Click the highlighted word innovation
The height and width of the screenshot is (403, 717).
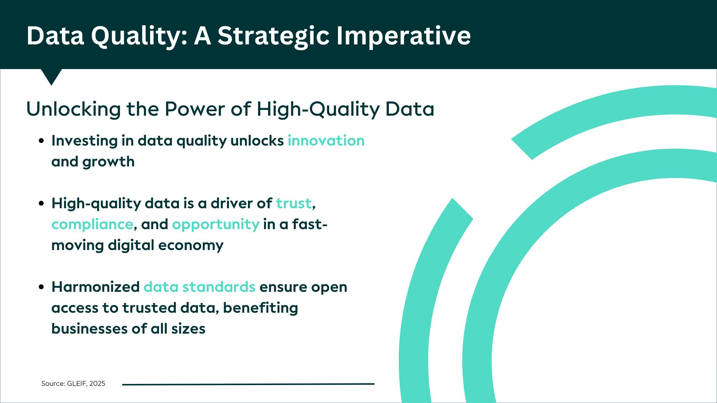pyautogui.click(x=326, y=141)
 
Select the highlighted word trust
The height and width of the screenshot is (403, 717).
pyautogui.click(x=294, y=203)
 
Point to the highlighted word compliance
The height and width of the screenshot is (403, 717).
pyautogui.click(x=92, y=225)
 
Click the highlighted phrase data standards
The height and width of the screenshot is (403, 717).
pyautogui.click(x=199, y=287)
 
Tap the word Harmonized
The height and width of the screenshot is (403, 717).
pyautogui.click(x=96, y=287)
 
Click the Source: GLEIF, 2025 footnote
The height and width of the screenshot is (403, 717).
pyautogui.click(x=73, y=384)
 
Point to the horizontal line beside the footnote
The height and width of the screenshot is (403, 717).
pyautogui.click(x=248, y=384)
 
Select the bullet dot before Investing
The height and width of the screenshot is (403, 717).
pyautogui.click(x=42, y=141)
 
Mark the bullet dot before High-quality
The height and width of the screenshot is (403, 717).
pyautogui.click(x=42, y=204)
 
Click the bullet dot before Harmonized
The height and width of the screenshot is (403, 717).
pyautogui.click(x=42, y=287)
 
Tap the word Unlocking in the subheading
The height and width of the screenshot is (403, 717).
pyautogui.click(x=74, y=109)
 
